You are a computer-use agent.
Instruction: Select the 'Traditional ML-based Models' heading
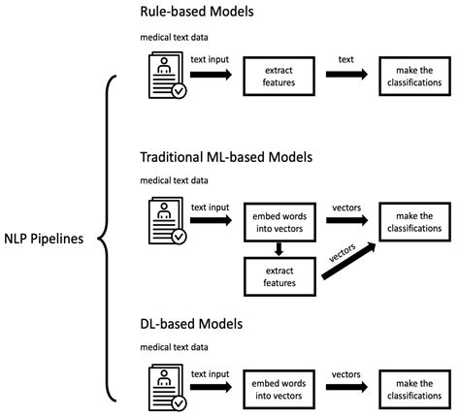tap(232, 156)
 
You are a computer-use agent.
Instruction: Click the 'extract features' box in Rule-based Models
tap(280, 77)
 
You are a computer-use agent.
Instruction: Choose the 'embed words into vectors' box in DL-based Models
tap(280, 380)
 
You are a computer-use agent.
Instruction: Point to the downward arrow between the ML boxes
tap(280, 248)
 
